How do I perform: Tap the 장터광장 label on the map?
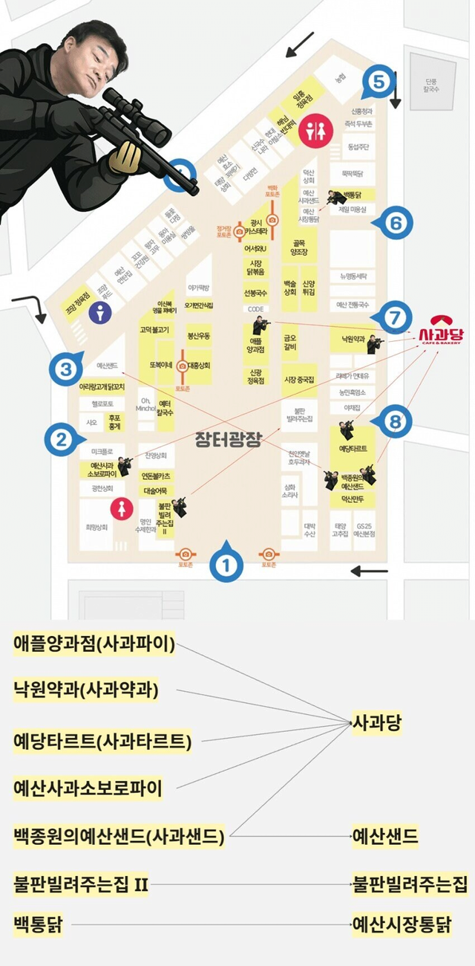228,438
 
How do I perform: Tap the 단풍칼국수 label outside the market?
433,85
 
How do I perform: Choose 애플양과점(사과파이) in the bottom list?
94,644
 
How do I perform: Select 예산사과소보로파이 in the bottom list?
88,788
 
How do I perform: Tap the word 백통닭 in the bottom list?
38,925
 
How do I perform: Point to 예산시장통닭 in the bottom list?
402,925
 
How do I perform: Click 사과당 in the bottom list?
377,723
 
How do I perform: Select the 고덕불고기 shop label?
154,329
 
